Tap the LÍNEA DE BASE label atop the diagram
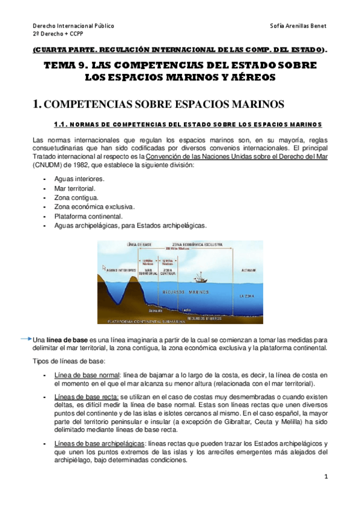pyautogui.click(x=139, y=245)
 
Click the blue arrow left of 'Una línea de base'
pyautogui.click(x=25, y=339)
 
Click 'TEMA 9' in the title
pyautogui.click(x=69, y=66)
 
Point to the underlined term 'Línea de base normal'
pyautogui.click(x=87, y=375)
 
